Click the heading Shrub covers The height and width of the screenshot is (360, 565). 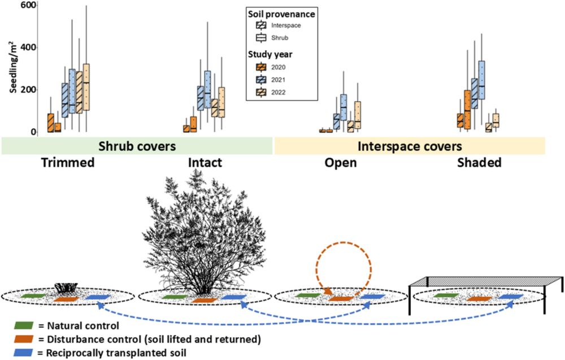point(138,146)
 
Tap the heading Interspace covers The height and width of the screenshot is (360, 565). point(410,146)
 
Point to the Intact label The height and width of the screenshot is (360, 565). point(205,163)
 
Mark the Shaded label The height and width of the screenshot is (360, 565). point(479,163)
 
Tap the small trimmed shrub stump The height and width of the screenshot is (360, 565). point(67,287)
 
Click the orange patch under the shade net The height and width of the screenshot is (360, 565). point(480,298)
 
